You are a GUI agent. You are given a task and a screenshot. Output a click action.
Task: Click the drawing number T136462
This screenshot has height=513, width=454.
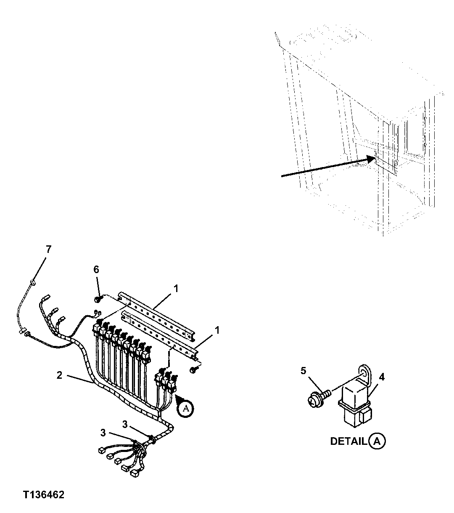(44, 495)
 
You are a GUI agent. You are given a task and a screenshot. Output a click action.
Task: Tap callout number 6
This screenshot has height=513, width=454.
(96, 269)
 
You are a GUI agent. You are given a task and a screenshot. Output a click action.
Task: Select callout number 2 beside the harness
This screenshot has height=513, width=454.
(59, 375)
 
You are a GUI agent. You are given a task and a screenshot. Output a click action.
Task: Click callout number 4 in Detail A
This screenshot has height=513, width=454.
(381, 377)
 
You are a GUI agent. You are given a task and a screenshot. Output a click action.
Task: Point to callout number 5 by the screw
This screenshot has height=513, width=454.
(304, 371)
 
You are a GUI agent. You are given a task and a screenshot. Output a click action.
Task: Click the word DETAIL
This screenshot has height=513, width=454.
(348, 441)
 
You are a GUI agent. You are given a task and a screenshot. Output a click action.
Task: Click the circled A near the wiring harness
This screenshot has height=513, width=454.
(185, 408)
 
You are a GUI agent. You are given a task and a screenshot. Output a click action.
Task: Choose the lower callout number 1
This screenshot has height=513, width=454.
(217, 331)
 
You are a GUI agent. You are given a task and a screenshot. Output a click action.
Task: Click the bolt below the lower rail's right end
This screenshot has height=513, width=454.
(194, 369)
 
